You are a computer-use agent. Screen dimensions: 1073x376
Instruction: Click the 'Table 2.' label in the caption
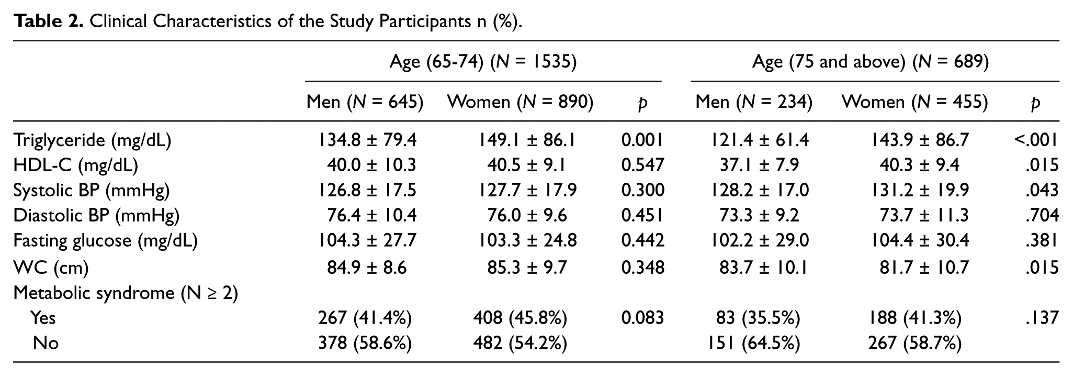[x=48, y=21]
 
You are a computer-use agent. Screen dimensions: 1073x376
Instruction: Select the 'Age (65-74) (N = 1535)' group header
[x=483, y=62]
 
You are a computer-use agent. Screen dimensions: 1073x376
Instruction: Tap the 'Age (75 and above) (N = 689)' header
[x=871, y=62]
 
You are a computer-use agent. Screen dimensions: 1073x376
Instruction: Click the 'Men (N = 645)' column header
[x=365, y=102]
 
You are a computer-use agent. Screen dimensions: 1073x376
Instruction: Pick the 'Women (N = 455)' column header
[x=914, y=102]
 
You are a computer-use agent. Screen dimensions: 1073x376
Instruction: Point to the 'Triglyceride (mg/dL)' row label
[x=92, y=140]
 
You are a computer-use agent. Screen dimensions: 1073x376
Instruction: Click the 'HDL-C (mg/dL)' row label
[x=76, y=165]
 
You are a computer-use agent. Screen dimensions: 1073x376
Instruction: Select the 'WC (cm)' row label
[x=51, y=268]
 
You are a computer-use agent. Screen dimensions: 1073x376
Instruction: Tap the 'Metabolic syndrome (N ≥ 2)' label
[x=126, y=293]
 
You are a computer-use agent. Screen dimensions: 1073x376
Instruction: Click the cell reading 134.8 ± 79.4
[x=368, y=140]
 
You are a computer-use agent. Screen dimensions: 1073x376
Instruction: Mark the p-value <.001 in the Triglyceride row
[x=1036, y=140]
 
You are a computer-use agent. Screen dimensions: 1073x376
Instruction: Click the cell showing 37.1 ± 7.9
[x=759, y=165]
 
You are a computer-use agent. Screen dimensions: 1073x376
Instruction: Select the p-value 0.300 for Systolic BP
[x=642, y=190]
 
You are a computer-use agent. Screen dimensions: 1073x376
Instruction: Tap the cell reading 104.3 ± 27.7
[x=368, y=240]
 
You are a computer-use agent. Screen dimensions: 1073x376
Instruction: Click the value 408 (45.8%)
[x=520, y=318]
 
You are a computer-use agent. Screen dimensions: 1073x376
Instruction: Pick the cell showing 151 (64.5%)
[x=754, y=343]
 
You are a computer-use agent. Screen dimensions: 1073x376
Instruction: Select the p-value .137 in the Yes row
[x=1043, y=318]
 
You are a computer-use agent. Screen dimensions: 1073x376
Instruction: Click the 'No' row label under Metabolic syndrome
[x=46, y=343]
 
